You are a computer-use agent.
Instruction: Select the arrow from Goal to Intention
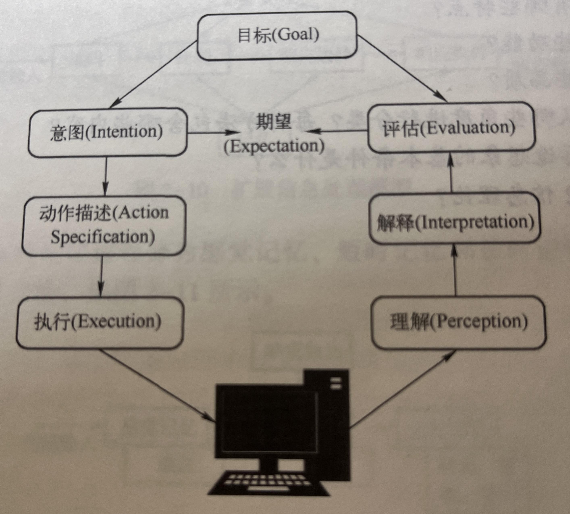tap(153, 75)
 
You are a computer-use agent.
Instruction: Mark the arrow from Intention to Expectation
tap(212, 132)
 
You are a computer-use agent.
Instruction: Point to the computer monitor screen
tap(268, 421)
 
